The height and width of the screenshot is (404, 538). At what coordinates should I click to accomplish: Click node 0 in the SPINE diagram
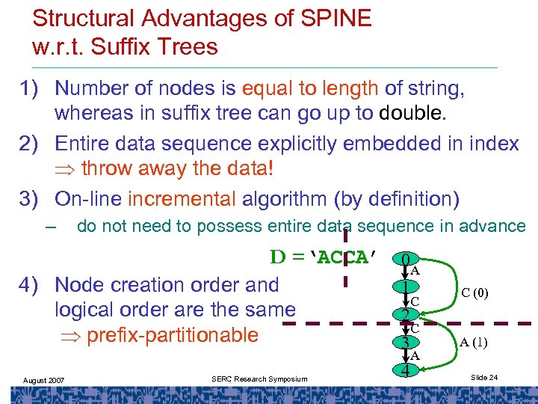click(x=405, y=260)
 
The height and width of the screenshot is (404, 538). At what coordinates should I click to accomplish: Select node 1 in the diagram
click(x=405, y=287)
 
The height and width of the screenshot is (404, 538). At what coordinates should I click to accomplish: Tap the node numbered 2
click(x=405, y=315)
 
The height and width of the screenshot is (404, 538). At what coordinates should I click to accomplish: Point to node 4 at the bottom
click(x=405, y=370)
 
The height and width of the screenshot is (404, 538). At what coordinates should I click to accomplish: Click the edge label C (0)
click(x=474, y=293)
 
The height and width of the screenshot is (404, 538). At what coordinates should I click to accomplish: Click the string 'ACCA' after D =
click(x=343, y=258)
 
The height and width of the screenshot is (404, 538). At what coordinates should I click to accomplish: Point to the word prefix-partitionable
click(x=173, y=334)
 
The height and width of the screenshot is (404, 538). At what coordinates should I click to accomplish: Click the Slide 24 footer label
click(x=483, y=378)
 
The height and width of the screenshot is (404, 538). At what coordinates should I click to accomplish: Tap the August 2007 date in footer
click(x=43, y=380)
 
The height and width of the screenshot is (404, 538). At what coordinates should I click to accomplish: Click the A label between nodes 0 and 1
click(x=415, y=272)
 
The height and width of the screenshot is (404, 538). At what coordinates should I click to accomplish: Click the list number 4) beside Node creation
click(x=34, y=285)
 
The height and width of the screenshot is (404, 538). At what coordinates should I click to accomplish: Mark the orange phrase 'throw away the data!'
click(x=176, y=169)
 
